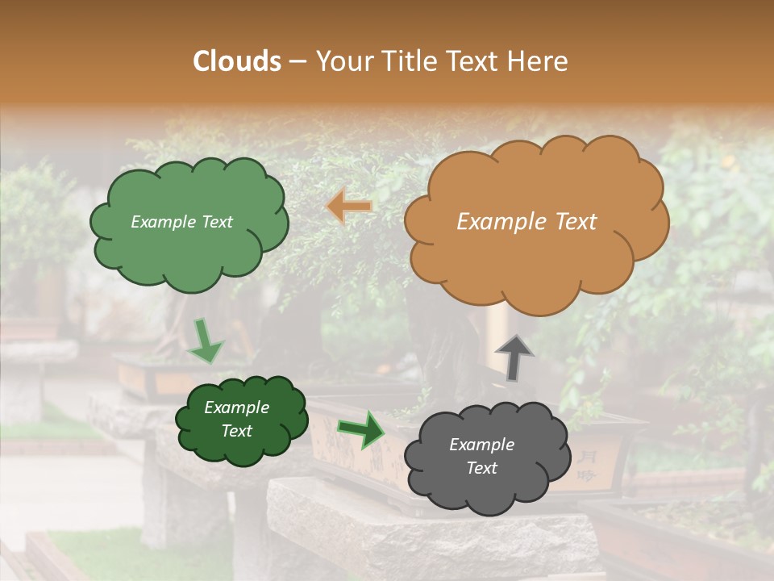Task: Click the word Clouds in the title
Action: (x=237, y=61)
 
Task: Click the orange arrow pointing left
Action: (x=350, y=207)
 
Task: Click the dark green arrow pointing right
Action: (x=361, y=429)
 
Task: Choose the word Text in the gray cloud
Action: (x=481, y=468)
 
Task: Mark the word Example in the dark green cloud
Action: (x=236, y=408)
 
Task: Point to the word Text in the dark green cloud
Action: (x=236, y=431)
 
